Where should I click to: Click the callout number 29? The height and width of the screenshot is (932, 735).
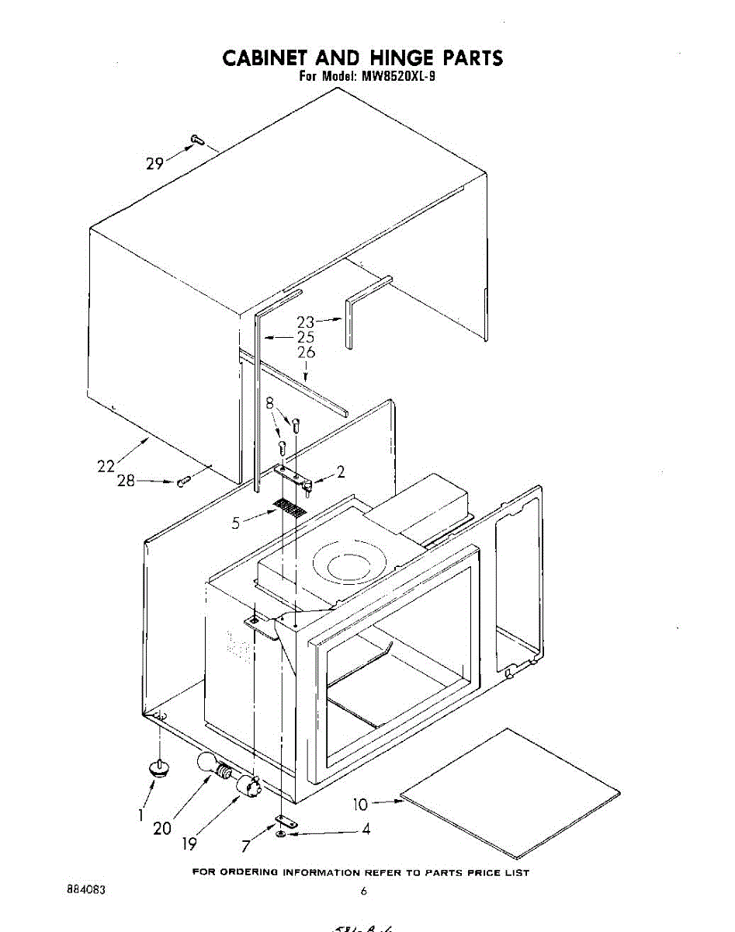click(154, 163)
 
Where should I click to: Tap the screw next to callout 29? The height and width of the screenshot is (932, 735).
click(195, 140)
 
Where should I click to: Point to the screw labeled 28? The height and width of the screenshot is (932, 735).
click(183, 482)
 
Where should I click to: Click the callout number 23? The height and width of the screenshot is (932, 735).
click(306, 321)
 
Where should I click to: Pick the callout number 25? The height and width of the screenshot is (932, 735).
click(305, 337)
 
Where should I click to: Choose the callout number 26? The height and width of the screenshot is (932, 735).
click(307, 353)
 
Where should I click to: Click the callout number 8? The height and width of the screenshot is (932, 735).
click(270, 405)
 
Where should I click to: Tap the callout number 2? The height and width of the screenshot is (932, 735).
click(340, 471)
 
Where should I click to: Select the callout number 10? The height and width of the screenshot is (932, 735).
click(360, 805)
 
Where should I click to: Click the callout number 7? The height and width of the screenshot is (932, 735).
click(246, 846)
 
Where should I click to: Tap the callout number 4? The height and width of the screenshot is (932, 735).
click(366, 829)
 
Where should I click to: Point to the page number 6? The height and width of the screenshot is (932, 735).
click(362, 892)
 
